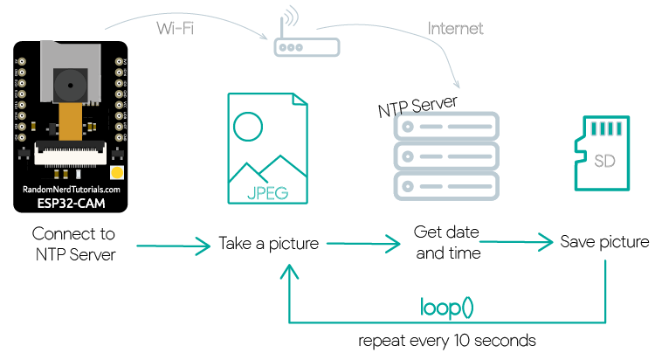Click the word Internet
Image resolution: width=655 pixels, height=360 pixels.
tap(455, 28)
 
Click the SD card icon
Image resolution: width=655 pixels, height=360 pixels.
tap(603, 153)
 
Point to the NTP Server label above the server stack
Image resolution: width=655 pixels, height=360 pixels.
tap(417, 106)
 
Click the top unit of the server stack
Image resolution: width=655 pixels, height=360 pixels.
tap(446, 128)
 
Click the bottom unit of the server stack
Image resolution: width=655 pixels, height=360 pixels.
tap(446, 185)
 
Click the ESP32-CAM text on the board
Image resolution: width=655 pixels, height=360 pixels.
tap(72, 204)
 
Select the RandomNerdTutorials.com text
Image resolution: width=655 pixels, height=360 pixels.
tap(72, 188)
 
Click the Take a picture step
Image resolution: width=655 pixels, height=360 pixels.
tap(268, 243)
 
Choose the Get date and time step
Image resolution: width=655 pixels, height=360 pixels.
tap(448, 244)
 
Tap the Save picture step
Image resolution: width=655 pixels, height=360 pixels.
tap(604, 242)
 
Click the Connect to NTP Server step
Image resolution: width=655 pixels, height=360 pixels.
tap(73, 244)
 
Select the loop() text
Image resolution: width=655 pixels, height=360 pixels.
tap(447, 308)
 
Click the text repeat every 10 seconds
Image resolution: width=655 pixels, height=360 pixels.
tap(447, 340)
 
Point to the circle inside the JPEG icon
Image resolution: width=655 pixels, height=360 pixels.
tap(248, 128)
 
